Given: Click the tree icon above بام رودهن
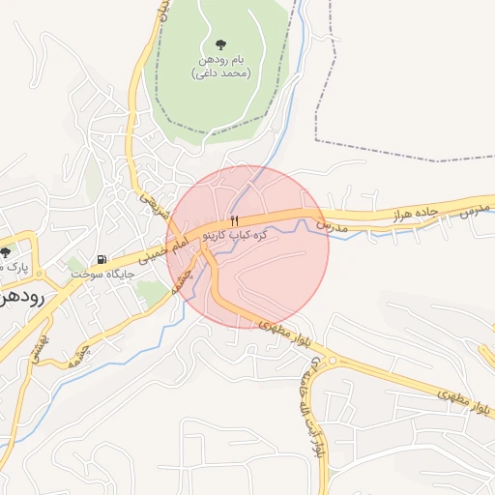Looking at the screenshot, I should pyautogui.click(x=220, y=44).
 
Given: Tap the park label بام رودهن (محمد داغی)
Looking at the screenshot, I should pyautogui.click(x=220, y=67).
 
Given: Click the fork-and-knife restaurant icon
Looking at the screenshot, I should pyautogui.click(x=233, y=221).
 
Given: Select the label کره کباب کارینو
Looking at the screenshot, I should pyautogui.click(x=233, y=236).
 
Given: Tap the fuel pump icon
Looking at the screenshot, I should pyautogui.click(x=102, y=260).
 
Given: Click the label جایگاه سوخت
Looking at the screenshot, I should pyautogui.click(x=102, y=275).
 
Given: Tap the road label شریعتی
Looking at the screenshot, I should pyautogui.click(x=154, y=202).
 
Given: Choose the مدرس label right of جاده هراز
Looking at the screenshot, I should pyautogui.click(x=474, y=209).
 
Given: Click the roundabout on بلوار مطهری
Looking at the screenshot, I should pyautogui.click(x=332, y=361).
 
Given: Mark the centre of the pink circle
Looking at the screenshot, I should pyautogui.click(x=247, y=247).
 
